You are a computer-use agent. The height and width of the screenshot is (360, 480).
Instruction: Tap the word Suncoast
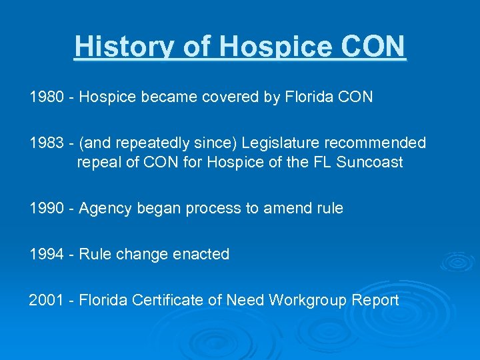(369, 163)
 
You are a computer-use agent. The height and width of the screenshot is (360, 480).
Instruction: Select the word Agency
(102, 209)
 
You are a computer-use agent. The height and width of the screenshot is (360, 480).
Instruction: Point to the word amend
(287, 209)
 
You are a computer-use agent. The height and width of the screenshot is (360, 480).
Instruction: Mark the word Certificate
(167, 300)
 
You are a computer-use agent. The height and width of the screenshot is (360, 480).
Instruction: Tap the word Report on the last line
(374, 300)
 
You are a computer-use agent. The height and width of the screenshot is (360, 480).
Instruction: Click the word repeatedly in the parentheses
(150, 143)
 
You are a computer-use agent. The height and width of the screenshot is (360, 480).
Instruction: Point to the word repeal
(98, 163)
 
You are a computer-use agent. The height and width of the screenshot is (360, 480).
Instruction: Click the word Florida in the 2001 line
(103, 300)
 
